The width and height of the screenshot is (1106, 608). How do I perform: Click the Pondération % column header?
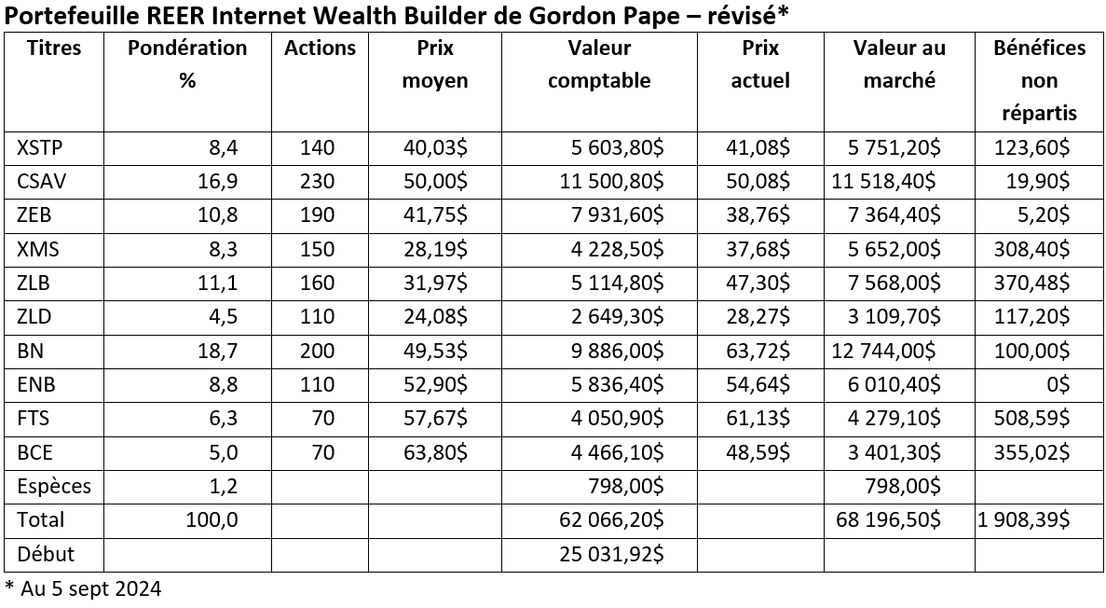[187, 64]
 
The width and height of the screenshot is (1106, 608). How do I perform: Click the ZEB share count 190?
[317, 215]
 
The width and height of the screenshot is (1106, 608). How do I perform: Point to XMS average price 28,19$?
[434, 249]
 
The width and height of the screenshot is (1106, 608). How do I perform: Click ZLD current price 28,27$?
[758, 317]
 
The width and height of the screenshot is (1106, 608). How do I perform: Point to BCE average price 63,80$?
[434, 452]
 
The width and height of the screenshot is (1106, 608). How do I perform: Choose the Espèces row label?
[54, 486]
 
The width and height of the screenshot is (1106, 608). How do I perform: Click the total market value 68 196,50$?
[886, 519]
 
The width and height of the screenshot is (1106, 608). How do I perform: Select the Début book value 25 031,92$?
[611, 554]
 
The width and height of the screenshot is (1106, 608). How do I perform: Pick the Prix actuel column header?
[759, 64]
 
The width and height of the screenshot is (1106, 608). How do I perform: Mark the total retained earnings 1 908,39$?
[1023, 519]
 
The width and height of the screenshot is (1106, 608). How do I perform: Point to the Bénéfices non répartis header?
[1039, 81]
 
